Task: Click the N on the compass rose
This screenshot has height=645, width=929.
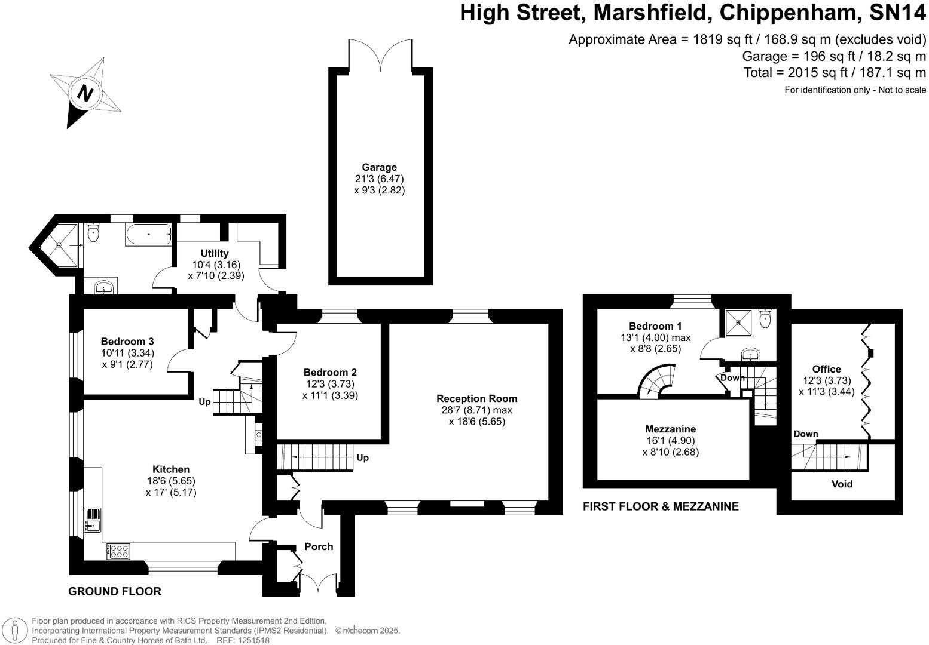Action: tap(85, 93)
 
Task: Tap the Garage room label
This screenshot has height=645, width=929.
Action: tap(379, 167)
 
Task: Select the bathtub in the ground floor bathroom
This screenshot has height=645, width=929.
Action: tap(148, 235)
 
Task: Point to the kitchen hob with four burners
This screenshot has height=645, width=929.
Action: tap(118, 551)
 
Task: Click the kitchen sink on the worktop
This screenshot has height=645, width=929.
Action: tap(93, 520)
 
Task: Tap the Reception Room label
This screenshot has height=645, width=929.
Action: tap(476, 398)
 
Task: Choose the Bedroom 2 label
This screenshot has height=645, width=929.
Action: tap(330, 373)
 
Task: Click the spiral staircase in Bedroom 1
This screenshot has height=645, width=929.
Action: tap(656, 381)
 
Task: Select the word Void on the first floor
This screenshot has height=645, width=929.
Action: tap(842, 484)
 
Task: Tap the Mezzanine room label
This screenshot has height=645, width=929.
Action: tap(670, 429)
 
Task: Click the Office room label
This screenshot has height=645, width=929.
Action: tap(827, 369)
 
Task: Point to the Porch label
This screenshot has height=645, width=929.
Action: tap(319, 547)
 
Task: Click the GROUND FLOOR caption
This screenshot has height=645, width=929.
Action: tap(114, 591)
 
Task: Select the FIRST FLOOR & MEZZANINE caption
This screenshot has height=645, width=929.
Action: tap(661, 506)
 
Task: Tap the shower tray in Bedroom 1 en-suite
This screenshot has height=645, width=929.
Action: tap(738, 322)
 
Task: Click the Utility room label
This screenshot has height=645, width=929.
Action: tap(215, 253)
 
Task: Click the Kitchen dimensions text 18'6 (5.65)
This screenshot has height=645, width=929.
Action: tap(171, 481)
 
